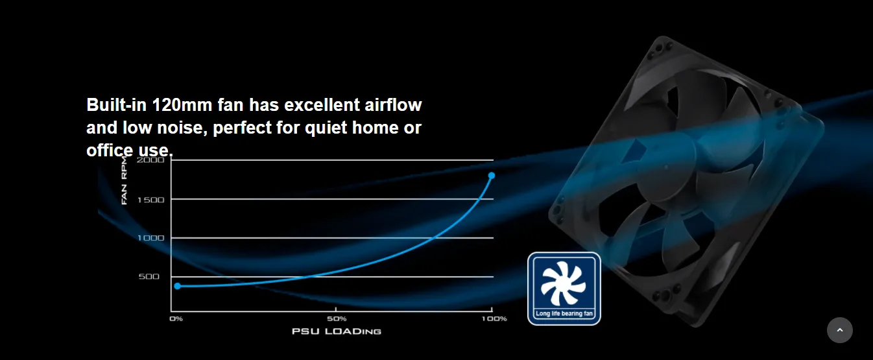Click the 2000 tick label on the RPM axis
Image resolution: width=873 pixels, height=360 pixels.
pos(150,160)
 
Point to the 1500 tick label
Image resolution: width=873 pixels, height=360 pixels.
pos(151,200)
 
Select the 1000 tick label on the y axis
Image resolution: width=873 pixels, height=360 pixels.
pos(151,238)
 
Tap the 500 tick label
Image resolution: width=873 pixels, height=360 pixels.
pos(149,276)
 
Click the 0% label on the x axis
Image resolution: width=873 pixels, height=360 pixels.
pos(176,318)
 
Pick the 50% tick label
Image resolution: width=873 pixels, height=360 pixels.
pos(337,318)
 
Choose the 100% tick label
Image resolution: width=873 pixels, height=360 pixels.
pos(494,318)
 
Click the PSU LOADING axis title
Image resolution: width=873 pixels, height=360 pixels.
pos(337,331)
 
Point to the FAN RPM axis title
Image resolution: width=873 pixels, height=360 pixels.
pos(124,180)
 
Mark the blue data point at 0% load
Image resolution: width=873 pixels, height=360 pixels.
pos(177,286)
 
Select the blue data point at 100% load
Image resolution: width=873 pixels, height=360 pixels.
pos(492,176)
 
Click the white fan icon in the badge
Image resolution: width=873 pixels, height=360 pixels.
pos(564,283)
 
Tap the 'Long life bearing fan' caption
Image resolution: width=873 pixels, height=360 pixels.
pos(564,314)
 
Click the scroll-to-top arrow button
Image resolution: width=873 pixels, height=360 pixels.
pos(840,330)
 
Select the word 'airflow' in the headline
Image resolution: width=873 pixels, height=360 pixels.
pos(393,105)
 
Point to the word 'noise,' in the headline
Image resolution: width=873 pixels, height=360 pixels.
pos(182,128)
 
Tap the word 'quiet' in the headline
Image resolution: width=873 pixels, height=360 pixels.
pos(326,128)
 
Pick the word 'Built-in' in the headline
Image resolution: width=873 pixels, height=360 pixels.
pos(117,105)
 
